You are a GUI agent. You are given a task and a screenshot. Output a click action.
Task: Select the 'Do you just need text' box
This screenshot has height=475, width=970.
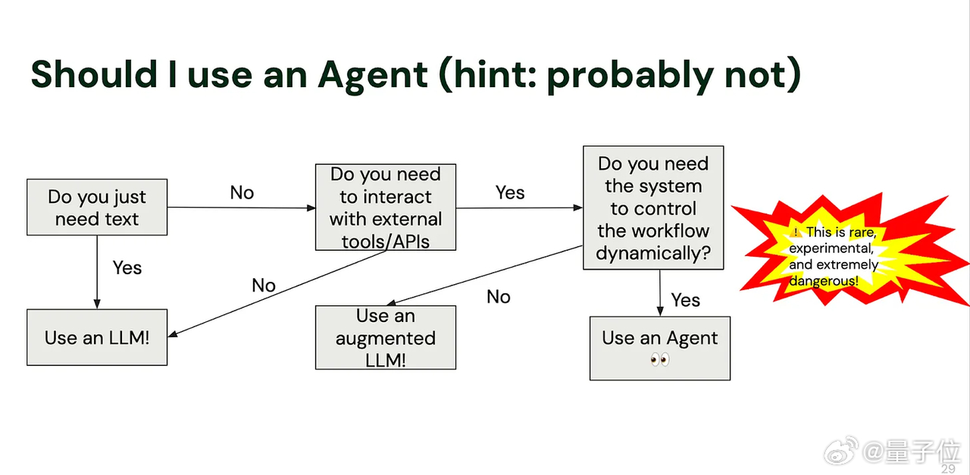click(x=97, y=208)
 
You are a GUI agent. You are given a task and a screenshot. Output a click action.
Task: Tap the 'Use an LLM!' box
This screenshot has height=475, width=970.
click(x=97, y=337)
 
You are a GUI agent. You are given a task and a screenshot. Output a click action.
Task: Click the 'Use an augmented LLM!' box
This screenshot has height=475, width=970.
click(x=386, y=338)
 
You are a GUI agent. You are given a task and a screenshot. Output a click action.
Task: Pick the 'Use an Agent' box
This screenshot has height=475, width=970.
click(x=660, y=348)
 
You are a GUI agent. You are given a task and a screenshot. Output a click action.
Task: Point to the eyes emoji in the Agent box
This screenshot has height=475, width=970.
click(x=660, y=359)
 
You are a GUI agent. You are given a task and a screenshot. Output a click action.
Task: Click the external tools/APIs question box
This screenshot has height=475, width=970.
click(x=386, y=208)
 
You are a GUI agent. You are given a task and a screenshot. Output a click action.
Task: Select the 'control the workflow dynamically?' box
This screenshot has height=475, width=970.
click(x=653, y=208)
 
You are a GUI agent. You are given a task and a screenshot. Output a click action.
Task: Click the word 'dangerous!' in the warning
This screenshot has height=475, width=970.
click(x=824, y=281)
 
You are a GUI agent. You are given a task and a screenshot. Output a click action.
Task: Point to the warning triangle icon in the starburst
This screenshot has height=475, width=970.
click(x=796, y=233)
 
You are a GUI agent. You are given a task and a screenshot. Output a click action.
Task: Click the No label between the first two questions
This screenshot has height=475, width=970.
click(x=242, y=192)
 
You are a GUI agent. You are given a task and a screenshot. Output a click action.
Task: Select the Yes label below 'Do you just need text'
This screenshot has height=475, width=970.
click(x=127, y=268)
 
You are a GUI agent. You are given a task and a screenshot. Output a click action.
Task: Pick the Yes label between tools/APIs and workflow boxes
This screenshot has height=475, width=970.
click(x=510, y=192)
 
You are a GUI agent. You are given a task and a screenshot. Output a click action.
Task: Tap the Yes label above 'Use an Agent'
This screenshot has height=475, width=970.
click(x=686, y=300)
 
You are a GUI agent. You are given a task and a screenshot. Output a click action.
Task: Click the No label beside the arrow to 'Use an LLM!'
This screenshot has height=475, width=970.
click(x=264, y=286)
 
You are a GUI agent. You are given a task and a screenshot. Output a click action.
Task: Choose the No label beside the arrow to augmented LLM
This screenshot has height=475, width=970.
click(x=499, y=297)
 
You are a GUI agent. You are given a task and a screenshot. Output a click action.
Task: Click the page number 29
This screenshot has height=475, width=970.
click(x=948, y=469)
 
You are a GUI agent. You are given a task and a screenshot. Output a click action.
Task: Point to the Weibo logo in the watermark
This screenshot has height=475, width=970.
click(x=841, y=451)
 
